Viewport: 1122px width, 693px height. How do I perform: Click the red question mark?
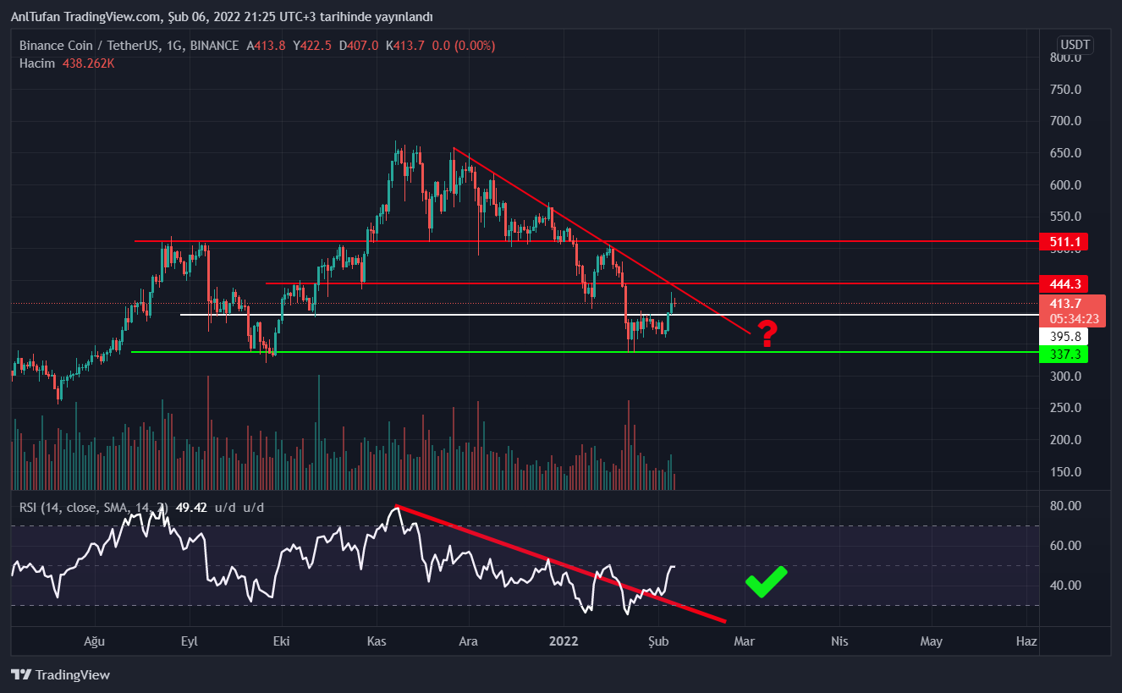tap(767, 334)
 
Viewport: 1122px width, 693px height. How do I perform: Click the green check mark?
tap(766, 581)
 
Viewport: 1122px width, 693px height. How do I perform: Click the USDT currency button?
tap(1075, 45)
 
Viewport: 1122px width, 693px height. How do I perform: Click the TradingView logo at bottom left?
tap(60, 674)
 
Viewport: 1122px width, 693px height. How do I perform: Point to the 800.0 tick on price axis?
tap(1065, 58)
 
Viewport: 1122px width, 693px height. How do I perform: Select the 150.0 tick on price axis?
tap(1065, 471)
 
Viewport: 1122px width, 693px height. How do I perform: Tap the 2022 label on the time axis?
tap(564, 641)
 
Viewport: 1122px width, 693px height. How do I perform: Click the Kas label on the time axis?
tap(377, 641)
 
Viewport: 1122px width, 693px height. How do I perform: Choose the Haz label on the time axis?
tap(1026, 641)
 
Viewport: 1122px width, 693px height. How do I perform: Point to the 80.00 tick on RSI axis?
tap(1064, 506)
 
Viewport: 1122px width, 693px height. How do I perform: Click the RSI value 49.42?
tap(193, 508)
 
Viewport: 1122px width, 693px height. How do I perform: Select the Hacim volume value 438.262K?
tap(89, 63)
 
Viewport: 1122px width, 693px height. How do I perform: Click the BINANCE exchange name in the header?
tap(214, 46)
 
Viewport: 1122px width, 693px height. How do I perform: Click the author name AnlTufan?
tap(36, 17)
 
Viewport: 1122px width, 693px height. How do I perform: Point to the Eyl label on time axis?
tap(190, 641)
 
